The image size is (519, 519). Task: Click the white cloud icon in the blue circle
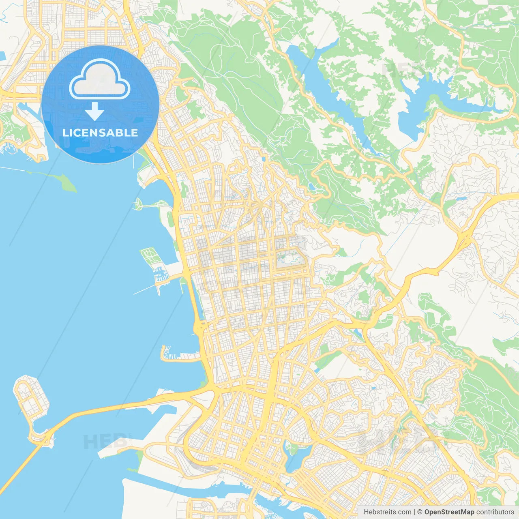pyautogui.click(x=100, y=79)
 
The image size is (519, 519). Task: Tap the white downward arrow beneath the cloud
pyautogui.click(x=95, y=112)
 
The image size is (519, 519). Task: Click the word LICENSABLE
pyautogui.click(x=100, y=133)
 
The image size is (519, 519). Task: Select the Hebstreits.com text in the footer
pyautogui.click(x=387, y=512)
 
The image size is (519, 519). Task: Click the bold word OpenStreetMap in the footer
pyautogui.click(x=449, y=512)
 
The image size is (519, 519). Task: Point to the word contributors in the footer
pyautogui.click(x=495, y=512)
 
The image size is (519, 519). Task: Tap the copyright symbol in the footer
pyautogui.click(x=420, y=512)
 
